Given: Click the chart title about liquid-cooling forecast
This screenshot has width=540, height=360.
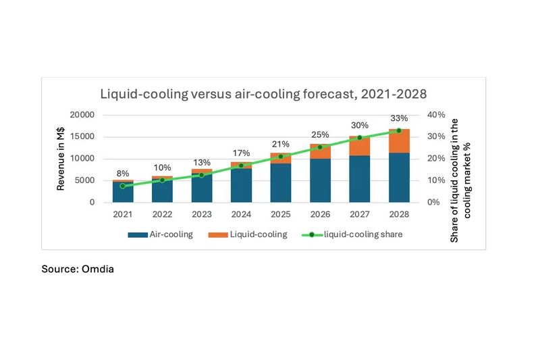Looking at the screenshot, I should tap(264, 93).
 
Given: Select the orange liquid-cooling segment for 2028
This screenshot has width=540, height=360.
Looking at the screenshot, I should tap(400, 140).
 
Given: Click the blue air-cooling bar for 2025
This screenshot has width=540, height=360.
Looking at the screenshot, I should tap(281, 182).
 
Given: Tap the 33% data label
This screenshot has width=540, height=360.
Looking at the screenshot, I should tap(400, 119).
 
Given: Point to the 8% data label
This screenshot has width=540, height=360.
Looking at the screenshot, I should tap(123, 173).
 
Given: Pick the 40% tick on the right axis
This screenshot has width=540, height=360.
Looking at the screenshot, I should tap(437, 115).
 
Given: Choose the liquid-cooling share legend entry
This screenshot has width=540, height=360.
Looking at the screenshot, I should tap(356, 234).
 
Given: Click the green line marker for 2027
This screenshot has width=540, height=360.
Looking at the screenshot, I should tap(360, 138).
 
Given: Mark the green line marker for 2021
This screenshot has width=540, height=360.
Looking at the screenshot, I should tap(123, 186).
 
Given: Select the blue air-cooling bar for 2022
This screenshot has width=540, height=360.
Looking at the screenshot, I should tap(162, 190).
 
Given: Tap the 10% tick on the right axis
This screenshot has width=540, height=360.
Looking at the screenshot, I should tap(437, 180).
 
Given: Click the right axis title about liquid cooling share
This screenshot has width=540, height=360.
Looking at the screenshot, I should tap(459, 180).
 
